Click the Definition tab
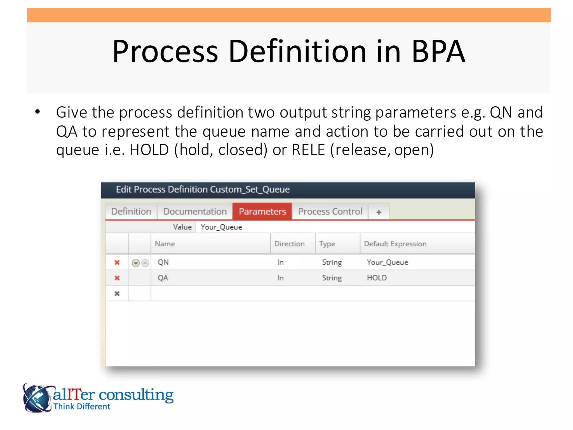(131, 211)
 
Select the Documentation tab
(195, 211)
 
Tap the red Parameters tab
(262, 211)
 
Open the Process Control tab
(330, 211)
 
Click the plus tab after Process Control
(379, 212)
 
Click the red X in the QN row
(117, 262)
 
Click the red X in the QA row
(117, 278)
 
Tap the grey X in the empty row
(117, 293)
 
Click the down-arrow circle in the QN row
(136, 263)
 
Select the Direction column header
(289, 244)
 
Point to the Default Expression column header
(395, 244)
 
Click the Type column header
(327, 244)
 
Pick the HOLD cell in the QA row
(377, 278)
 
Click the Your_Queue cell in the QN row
(387, 262)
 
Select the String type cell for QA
(332, 278)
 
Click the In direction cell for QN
(280, 262)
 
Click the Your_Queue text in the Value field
(221, 227)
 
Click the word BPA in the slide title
(438, 52)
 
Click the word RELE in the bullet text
(308, 150)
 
